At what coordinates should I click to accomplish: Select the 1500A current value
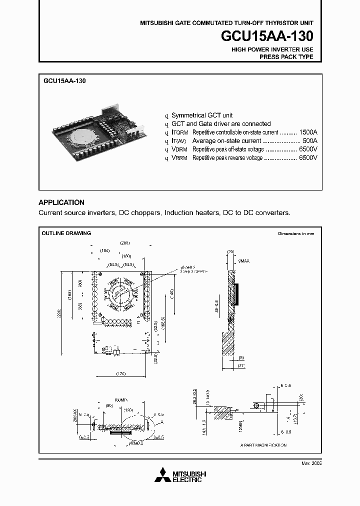click(308, 132)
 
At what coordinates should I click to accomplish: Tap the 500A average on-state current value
click(310, 141)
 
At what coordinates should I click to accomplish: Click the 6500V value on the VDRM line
click(308, 149)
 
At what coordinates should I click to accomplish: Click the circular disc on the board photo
click(80, 135)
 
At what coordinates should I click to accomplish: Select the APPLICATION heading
click(61, 202)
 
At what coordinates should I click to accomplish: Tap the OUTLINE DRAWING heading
click(66, 233)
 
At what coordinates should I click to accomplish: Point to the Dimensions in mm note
click(296, 233)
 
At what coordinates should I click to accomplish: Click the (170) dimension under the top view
click(119, 373)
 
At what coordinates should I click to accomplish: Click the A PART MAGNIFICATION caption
click(263, 444)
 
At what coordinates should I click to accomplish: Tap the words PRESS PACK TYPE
click(286, 57)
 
